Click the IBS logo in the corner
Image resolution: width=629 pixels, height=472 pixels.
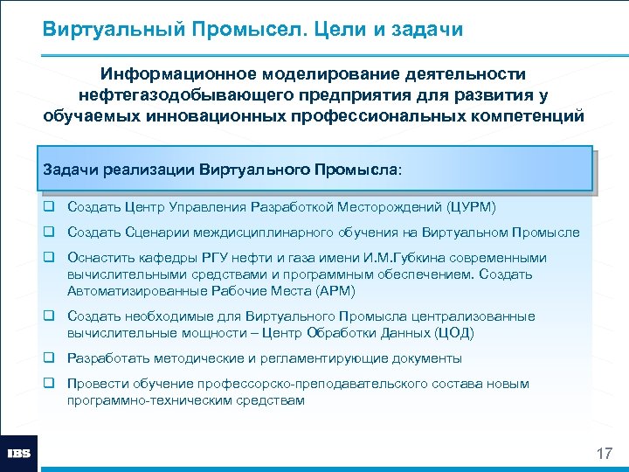pos(18,453)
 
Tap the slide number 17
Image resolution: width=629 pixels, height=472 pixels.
pos(604,454)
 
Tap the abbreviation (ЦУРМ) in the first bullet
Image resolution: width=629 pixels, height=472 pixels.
pos(470,207)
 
